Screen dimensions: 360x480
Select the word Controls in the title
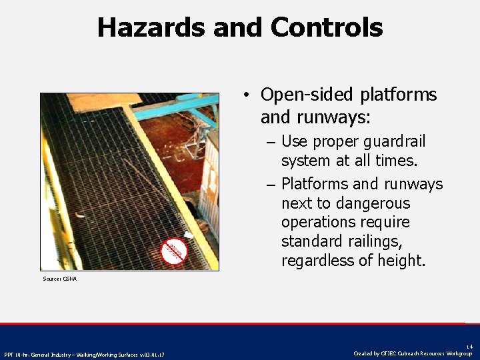point(327,27)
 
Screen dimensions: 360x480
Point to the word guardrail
point(393,141)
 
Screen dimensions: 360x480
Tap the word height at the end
point(401,260)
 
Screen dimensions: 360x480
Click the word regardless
point(317,260)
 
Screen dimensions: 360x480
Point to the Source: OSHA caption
point(60,279)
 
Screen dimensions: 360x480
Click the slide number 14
point(469,346)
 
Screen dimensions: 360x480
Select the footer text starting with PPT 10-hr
point(85,354)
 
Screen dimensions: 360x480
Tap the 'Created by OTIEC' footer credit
point(413,353)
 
